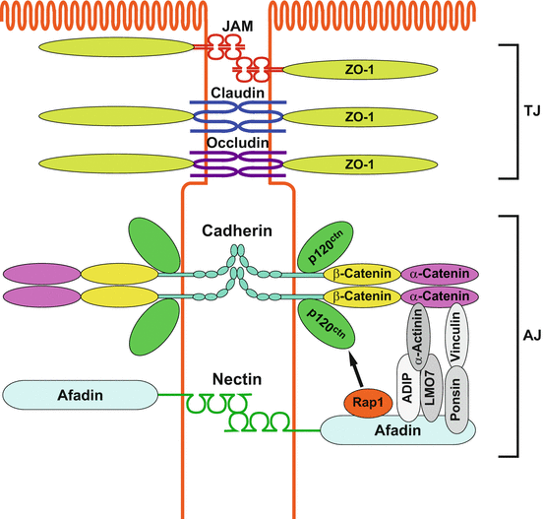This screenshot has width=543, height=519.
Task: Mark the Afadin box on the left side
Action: (81, 395)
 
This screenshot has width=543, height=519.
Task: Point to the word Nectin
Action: (236, 377)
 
